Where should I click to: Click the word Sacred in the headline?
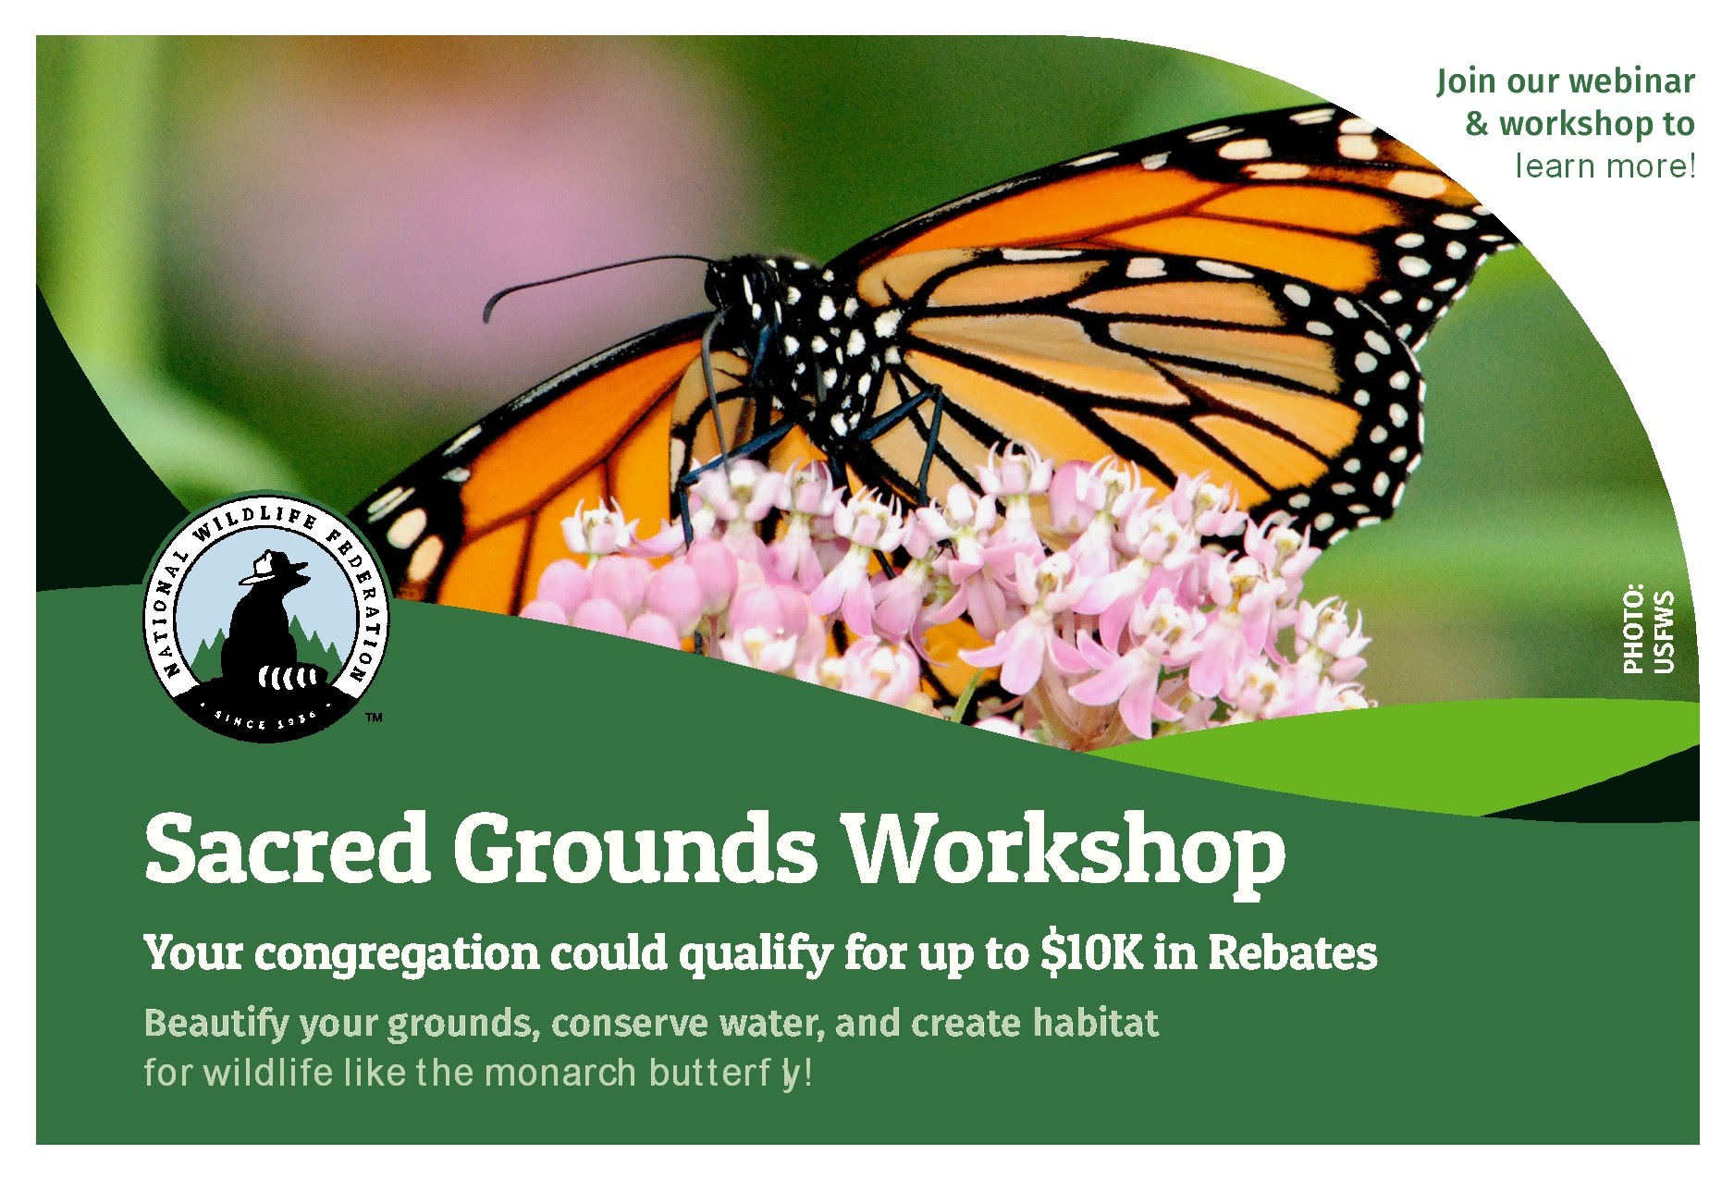pyautogui.click(x=287, y=846)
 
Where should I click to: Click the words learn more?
pyautogui.click(x=1605, y=166)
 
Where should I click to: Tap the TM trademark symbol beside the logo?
pyautogui.click(x=375, y=717)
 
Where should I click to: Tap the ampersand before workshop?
pyautogui.click(x=1477, y=125)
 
